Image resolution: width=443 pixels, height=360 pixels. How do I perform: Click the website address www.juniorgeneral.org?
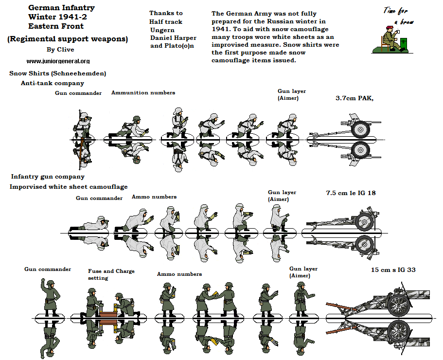pos(58,61)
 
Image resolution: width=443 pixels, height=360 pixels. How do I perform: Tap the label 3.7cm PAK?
pos(354,98)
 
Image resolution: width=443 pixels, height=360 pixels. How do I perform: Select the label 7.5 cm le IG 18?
pos(351,193)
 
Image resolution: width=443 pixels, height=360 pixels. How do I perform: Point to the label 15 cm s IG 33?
pos(393,270)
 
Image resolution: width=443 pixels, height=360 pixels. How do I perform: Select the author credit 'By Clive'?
pos(57,50)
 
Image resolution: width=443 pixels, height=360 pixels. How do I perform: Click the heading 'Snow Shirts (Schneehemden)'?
pos(57,73)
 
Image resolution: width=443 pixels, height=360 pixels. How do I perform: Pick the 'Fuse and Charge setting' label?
pos(111,274)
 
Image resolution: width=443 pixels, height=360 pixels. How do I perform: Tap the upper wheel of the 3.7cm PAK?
pos(361,129)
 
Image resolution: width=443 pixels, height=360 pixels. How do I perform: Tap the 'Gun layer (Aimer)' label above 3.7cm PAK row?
pos(291,94)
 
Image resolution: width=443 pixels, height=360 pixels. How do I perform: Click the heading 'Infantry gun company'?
pos(48,177)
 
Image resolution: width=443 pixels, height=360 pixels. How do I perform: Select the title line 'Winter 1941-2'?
pos(54,17)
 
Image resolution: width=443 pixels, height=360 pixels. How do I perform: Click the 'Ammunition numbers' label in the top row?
pos(143,92)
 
